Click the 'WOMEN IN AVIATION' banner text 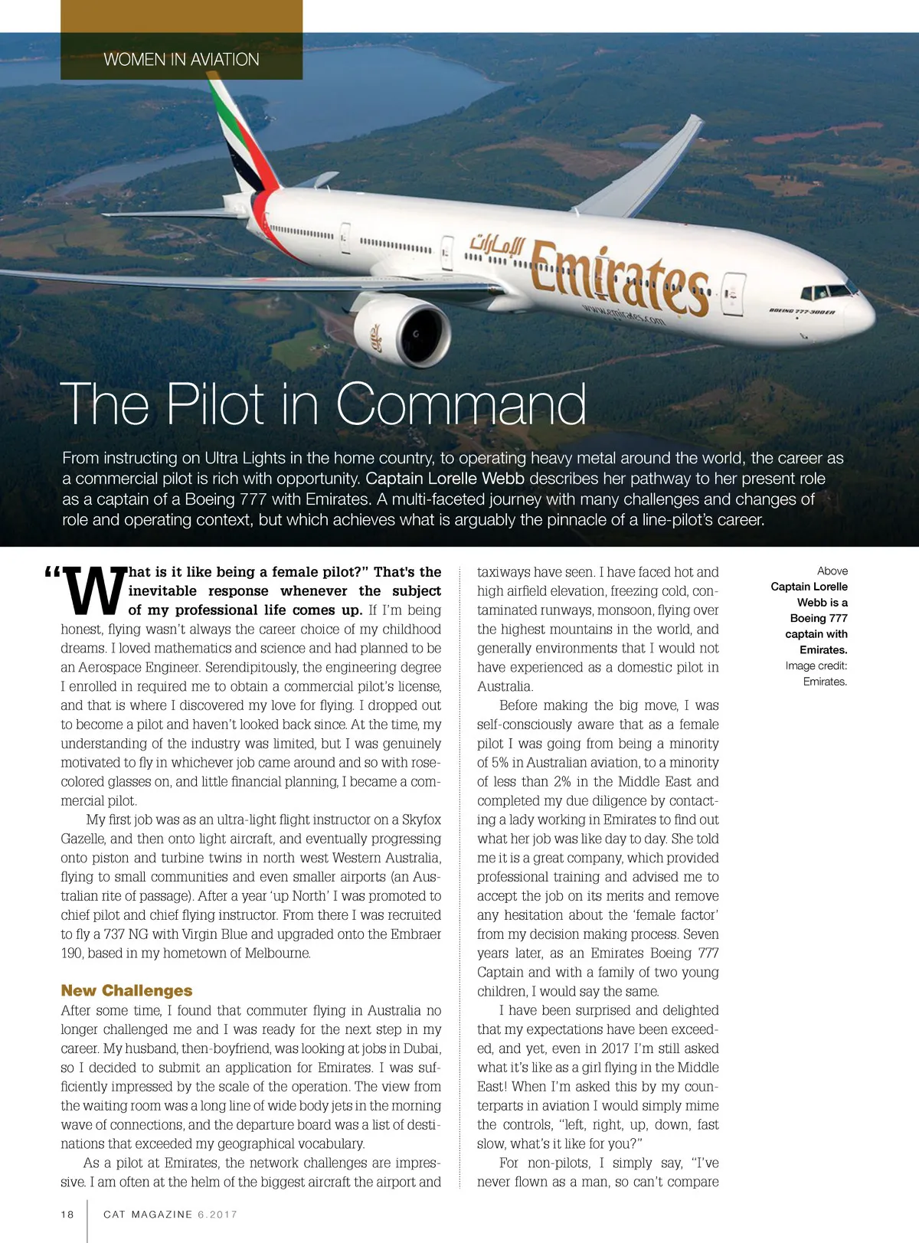[182, 60]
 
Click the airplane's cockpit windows [827, 292]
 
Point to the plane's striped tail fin [241, 142]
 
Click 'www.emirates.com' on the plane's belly [623, 315]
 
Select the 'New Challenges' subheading [126, 990]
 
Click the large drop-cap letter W [94, 591]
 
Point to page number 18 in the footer [67, 1214]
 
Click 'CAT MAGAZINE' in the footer [148, 1214]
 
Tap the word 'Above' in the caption [832, 571]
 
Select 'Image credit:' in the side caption [816, 666]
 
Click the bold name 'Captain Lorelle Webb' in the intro [445, 479]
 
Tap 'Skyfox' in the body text [421, 819]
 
